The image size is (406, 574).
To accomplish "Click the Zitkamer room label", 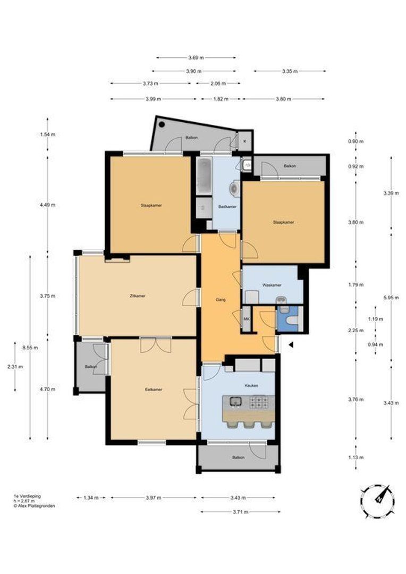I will [140, 296].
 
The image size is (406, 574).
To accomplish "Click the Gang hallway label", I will [221, 300].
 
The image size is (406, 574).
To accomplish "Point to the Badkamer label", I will [227, 206].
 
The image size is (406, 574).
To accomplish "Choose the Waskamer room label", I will [271, 285].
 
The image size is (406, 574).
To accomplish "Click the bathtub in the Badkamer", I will [204, 176].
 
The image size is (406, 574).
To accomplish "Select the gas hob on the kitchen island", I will [259, 402].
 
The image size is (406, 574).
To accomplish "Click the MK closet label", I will [246, 319].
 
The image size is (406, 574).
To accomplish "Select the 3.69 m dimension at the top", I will [196, 57].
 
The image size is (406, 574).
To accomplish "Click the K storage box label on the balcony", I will [245, 141].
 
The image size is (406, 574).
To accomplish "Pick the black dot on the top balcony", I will [162, 124].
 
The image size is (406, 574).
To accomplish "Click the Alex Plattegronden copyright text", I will [34, 506].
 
